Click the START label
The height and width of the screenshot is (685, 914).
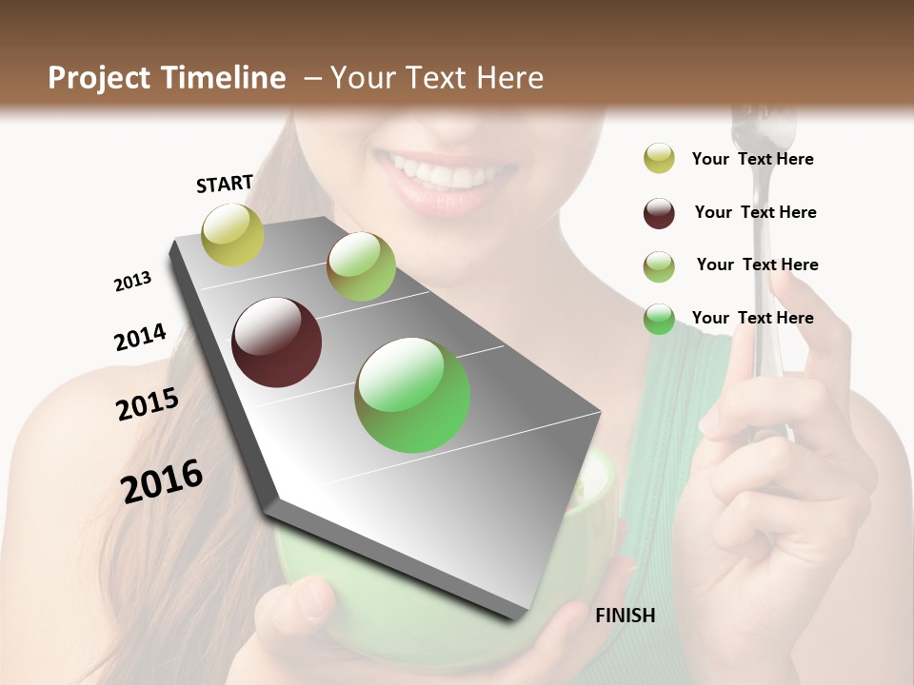[x=225, y=184]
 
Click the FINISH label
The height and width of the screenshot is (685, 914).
[x=625, y=616]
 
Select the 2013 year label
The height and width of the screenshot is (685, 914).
[x=132, y=282]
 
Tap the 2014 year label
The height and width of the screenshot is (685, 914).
[x=140, y=337]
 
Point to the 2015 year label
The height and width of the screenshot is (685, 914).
[x=148, y=404]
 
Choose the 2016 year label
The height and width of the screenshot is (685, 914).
[x=162, y=480]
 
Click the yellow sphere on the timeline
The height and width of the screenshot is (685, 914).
[x=232, y=234]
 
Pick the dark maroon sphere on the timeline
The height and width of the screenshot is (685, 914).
[x=276, y=342]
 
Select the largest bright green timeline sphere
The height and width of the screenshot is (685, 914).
[x=412, y=395]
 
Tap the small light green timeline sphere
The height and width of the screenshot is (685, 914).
[x=361, y=266]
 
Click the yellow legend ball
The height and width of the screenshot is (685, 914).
[x=659, y=159]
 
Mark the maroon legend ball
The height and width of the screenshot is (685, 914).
[x=659, y=213]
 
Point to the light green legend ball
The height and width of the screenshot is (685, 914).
[x=659, y=266]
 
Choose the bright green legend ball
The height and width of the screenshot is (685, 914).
[x=659, y=319]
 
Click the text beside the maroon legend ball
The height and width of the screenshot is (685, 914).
[x=755, y=212]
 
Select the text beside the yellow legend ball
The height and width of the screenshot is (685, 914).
[x=752, y=159]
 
